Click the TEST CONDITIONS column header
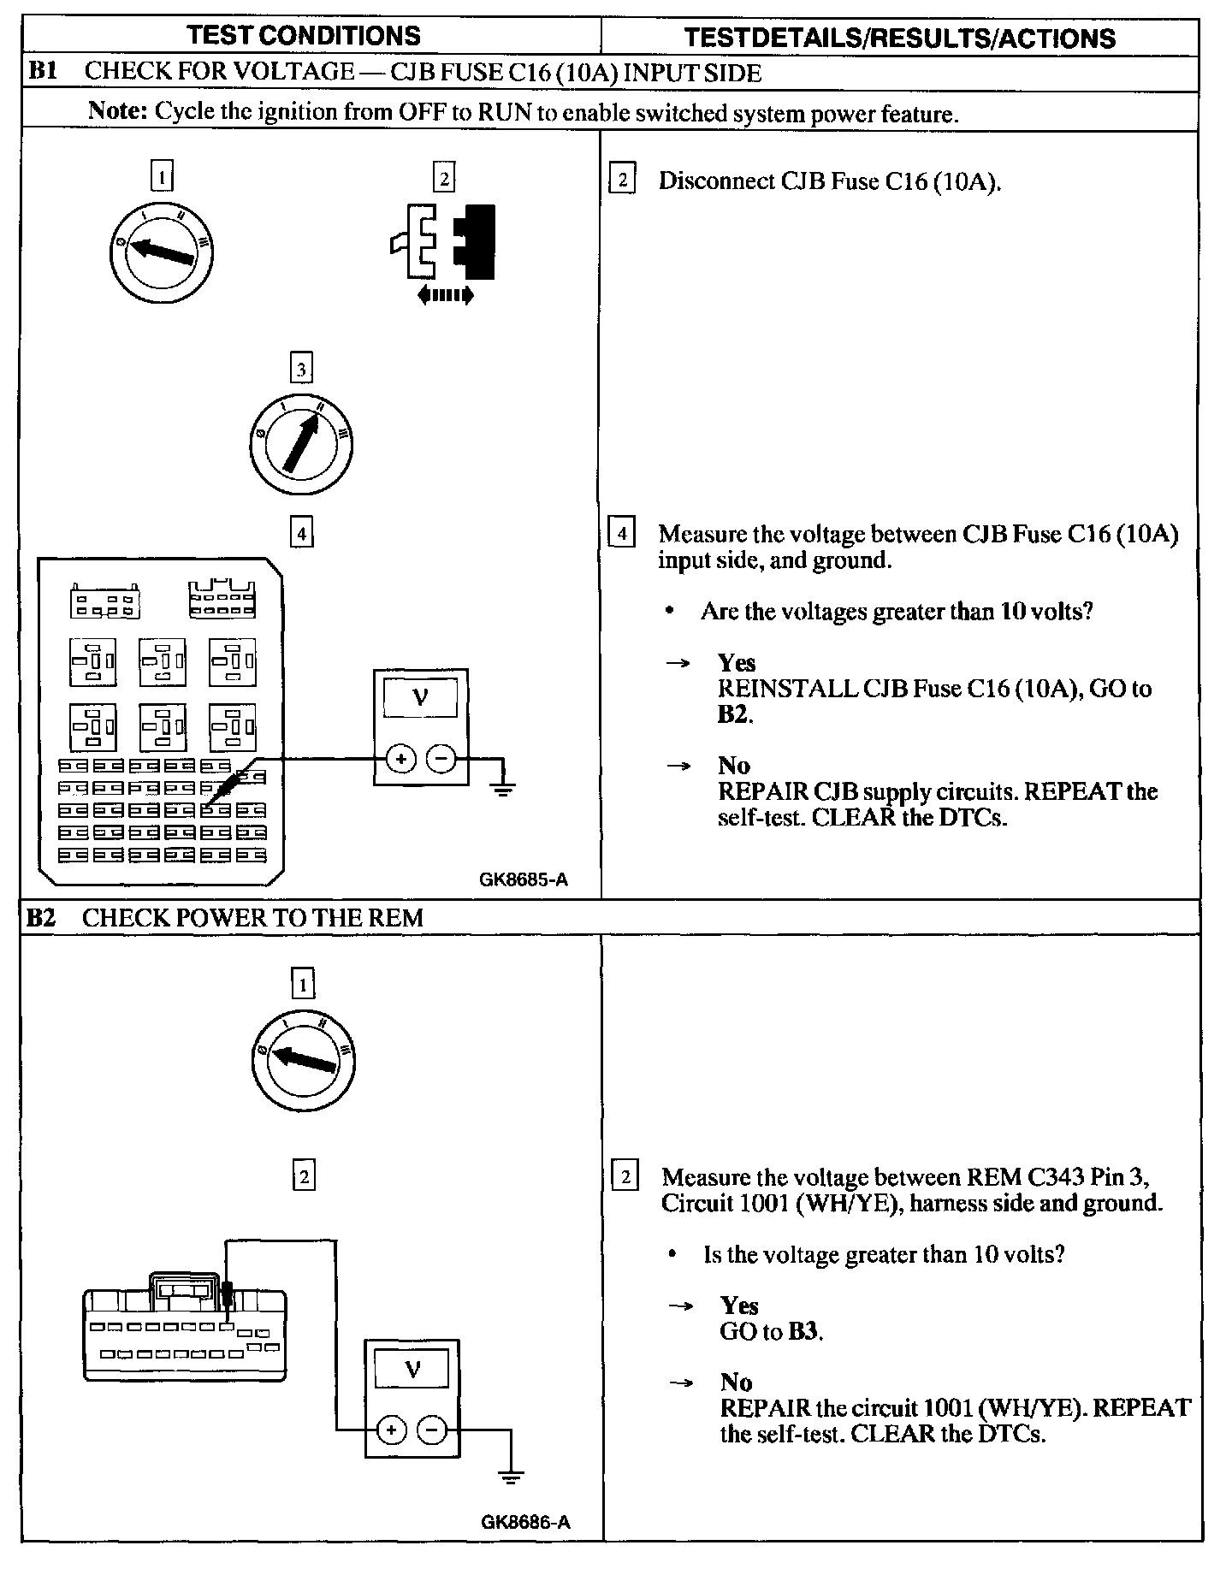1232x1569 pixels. click(304, 36)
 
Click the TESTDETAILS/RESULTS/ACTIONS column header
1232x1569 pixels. click(900, 38)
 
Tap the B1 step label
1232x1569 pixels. click(42, 72)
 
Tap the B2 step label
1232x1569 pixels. click(41, 918)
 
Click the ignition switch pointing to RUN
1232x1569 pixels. click(301, 444)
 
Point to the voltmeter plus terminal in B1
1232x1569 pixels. click(400, 759)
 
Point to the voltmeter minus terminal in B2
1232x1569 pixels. click(432, 1430)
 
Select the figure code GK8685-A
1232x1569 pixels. click(524, 880)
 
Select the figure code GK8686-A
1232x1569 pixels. click(525, 1522)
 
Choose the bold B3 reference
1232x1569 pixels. click(803, 1332)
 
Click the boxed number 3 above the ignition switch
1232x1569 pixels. click(300, 370)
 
